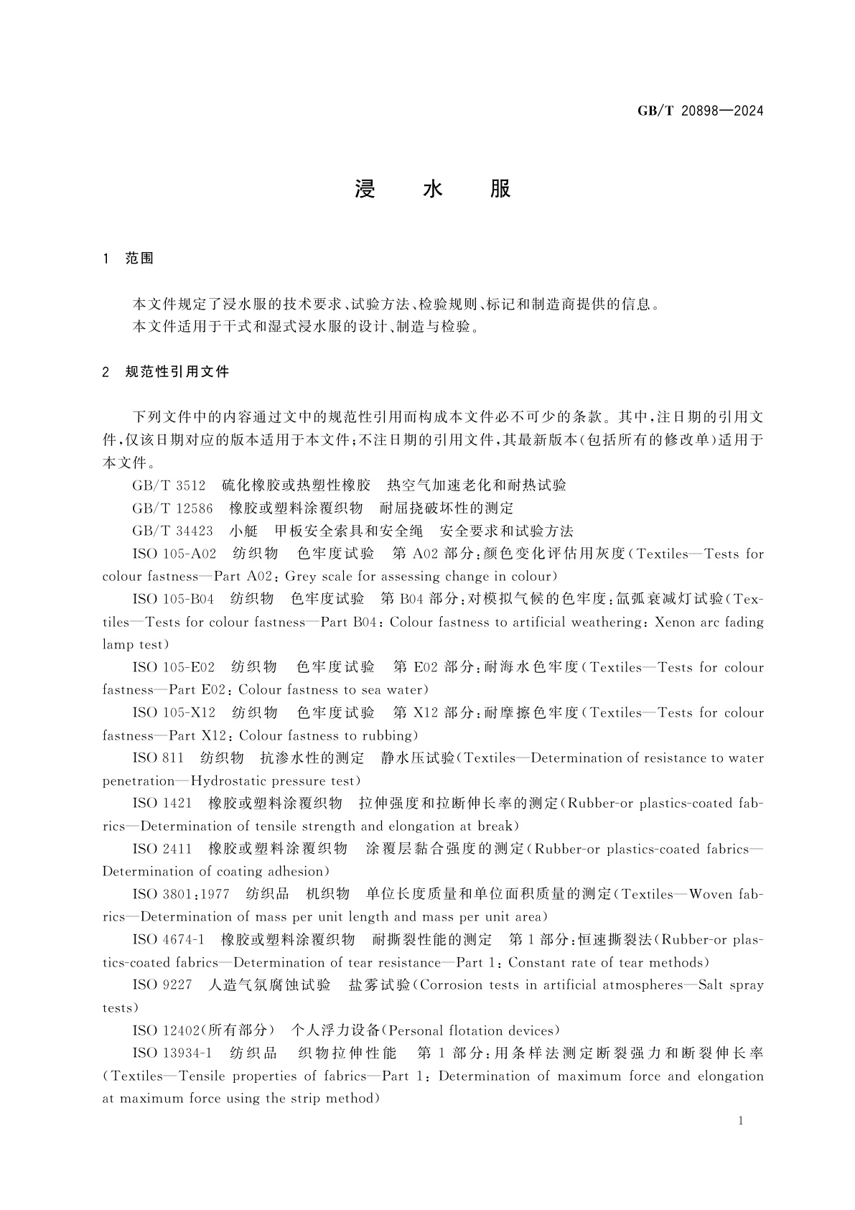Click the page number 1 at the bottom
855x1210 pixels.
[x=741, y=1121]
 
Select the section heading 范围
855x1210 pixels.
[x=139, y=259]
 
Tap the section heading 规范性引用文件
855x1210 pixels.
[x=177, y=372]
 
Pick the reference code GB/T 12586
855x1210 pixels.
[x=172, y=508]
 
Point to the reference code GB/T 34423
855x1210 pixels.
[x=172, y=531]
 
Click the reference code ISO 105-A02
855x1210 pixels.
[x=174, y=554]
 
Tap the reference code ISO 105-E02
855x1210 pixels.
[x=174, y=667]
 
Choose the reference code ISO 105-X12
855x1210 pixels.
[x=174, y=712]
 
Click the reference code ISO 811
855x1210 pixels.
[x=158, y=758]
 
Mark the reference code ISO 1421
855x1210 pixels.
[x=162, y=803]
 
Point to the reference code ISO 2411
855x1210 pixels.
[x=162, y=849]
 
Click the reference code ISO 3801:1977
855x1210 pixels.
[x=181, y=894]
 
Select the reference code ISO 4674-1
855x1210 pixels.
[x=169, y=939]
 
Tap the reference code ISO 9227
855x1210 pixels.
[x=162, y=985]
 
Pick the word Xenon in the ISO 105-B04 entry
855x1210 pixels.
[x=676, y=622]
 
